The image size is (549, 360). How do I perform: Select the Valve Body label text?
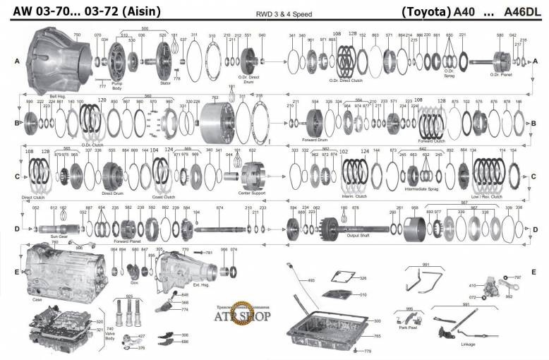click(x=109, y=332)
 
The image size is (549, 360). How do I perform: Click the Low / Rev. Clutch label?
click(x=488, y=197)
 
